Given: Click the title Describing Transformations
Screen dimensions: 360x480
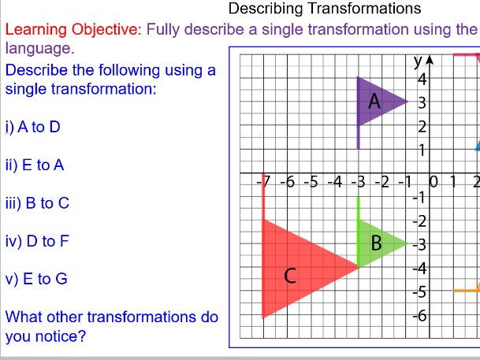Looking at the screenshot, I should (325, 9).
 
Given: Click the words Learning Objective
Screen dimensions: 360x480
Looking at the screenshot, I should (73, 29).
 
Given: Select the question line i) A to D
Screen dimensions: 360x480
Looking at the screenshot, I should (33, 127).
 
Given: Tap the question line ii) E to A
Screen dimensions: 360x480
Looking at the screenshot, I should (35, 165).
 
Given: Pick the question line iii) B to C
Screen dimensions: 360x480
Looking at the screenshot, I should (37, 202).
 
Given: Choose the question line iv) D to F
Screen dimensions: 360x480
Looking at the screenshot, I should (37, 240).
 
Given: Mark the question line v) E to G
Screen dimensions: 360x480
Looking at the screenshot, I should (36, 278).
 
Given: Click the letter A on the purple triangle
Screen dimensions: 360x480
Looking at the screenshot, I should (375, 101).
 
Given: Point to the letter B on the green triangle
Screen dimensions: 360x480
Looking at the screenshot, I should (377, 243).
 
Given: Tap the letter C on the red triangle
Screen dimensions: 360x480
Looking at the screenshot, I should (290, 276).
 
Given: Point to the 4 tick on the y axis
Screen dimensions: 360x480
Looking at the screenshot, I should (422, 79).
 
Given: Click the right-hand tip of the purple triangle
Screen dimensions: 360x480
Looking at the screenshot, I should (407, 101).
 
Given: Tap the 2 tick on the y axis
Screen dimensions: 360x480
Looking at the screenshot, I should (422, 126).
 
